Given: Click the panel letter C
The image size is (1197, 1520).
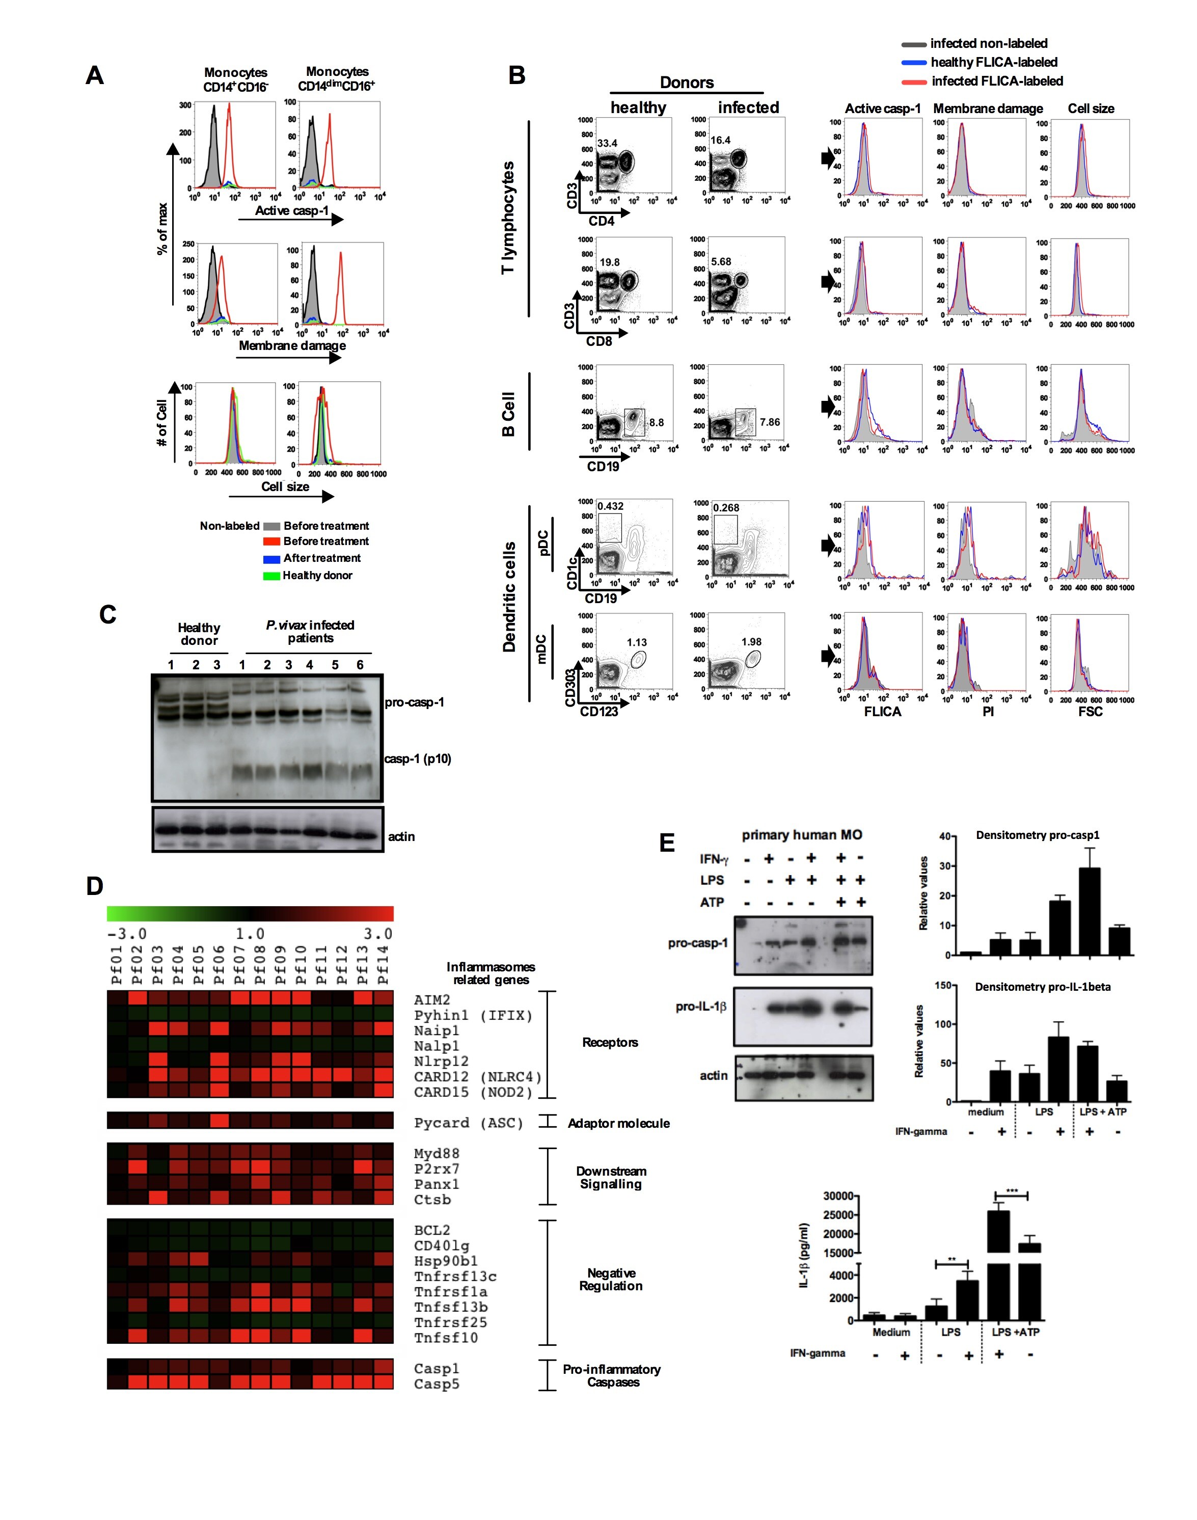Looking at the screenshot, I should click(x=107, y=615).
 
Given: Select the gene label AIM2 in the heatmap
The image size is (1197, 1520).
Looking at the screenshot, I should click(x=432, y=1000).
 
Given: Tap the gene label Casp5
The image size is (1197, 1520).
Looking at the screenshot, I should click(x=437, y=1383).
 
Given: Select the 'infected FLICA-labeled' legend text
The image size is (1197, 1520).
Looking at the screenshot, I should click(x=996, y=82).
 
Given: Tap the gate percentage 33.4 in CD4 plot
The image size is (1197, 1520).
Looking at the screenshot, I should click(x=607, y=143).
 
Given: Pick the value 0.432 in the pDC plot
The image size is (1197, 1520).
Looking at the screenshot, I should click(x=610, y=506).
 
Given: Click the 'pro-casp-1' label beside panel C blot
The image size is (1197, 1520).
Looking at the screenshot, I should click(x=414, y=702).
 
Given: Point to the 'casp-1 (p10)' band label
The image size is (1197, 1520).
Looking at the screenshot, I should click(x=418, y=758).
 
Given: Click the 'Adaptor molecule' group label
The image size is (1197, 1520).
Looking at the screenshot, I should click(x=618, y=1123).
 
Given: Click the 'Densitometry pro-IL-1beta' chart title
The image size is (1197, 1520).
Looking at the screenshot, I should click(x=1042, y=987).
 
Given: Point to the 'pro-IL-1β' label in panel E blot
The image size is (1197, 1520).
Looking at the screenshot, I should click(x=701, y=1007).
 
